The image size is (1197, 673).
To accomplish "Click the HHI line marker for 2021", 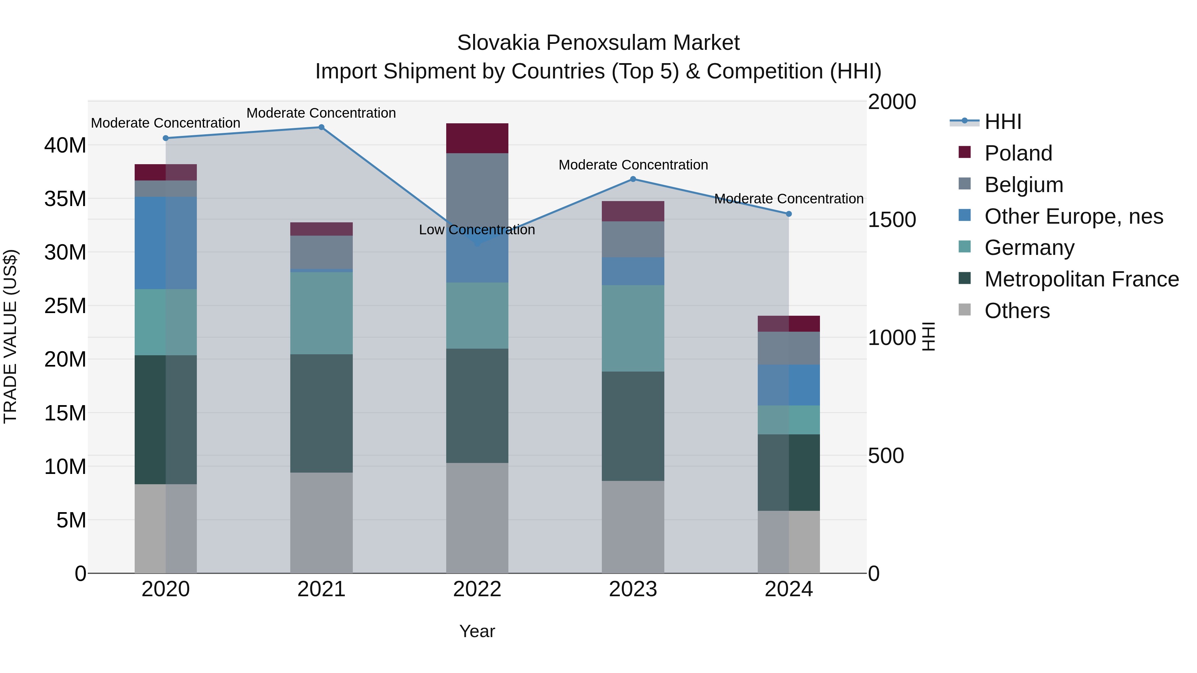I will tap(321, 127).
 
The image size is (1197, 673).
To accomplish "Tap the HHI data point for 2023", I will tap(633, 179).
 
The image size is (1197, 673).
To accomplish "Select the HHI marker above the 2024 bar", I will tap(789, 214).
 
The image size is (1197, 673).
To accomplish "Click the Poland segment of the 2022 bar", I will tap(477, 138).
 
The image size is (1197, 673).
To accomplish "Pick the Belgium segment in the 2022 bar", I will tap(477, 186).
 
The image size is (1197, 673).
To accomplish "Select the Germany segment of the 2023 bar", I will tap(633, 328).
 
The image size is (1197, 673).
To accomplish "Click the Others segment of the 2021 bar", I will tap(321, 522).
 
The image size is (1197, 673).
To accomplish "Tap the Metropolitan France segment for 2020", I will tap(166, 419).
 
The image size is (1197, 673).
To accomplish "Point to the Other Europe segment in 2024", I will tap(789, 385).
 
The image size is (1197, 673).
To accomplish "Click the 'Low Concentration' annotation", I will tap(477, 230).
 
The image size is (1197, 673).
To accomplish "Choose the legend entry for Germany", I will tap(1029, 248).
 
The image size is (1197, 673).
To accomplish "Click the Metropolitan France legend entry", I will tap(1081, 279).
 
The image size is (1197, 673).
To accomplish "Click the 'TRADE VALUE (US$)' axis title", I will tap(11, 336).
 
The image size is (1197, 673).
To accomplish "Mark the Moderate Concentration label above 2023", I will tap(633, 165).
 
